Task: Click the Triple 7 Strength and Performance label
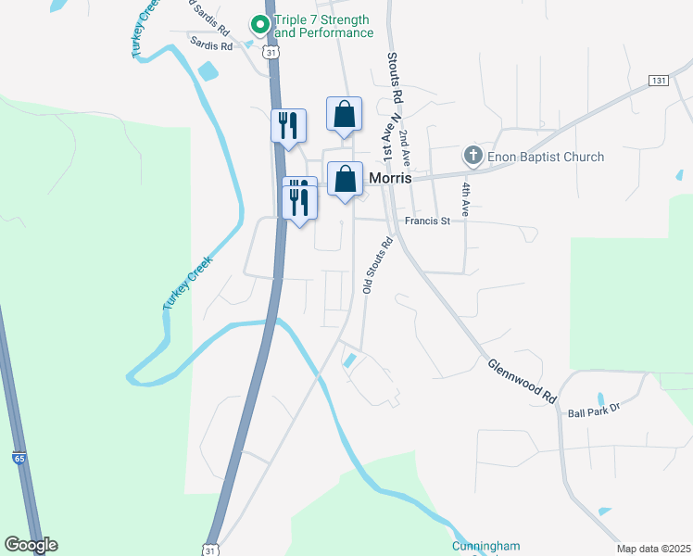(x=324, y=26)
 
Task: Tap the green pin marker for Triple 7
(x=259, y=21)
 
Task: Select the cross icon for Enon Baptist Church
(x=473, y=156)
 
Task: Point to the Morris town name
(x=390, y=177)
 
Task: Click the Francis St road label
(x=426, y=221)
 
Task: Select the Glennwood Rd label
(x=522, y=381)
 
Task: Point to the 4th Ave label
(x=466, y=200)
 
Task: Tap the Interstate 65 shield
(x=19, y=458)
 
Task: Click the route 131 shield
(x=659, y=81)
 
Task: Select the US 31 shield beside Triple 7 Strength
(x=270, y=53)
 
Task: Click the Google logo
(x=31, y=545)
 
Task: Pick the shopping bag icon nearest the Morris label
(x=345, y=180)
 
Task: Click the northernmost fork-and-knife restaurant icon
(x=288, y=124)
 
